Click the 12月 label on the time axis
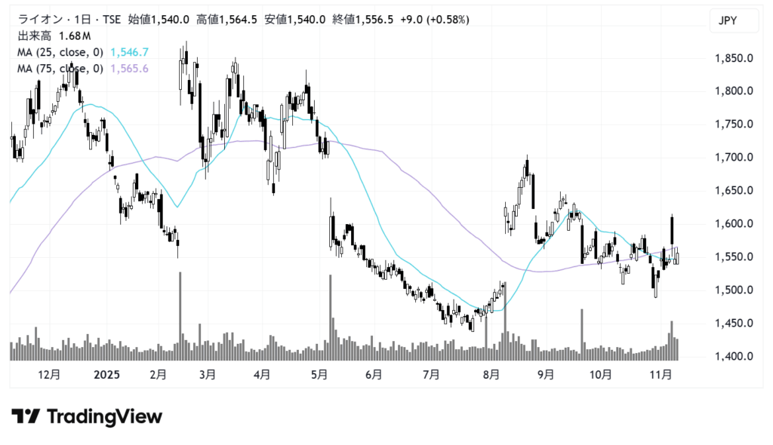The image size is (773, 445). pyautogui.click(x=48, y=374)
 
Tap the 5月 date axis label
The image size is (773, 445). pyautogui.click(x=319, y=374)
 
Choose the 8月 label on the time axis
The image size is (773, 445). pyautogui.click(x=491, y=374)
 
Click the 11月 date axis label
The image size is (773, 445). pyautogui.click(x=662, y=374)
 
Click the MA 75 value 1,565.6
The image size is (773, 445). pyautogui.click(x=129, y=69)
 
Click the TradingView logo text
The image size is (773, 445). pyautogui.click(x=104, y=416)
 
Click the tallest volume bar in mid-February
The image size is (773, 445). pyautogui.click(x=180, y=317)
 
